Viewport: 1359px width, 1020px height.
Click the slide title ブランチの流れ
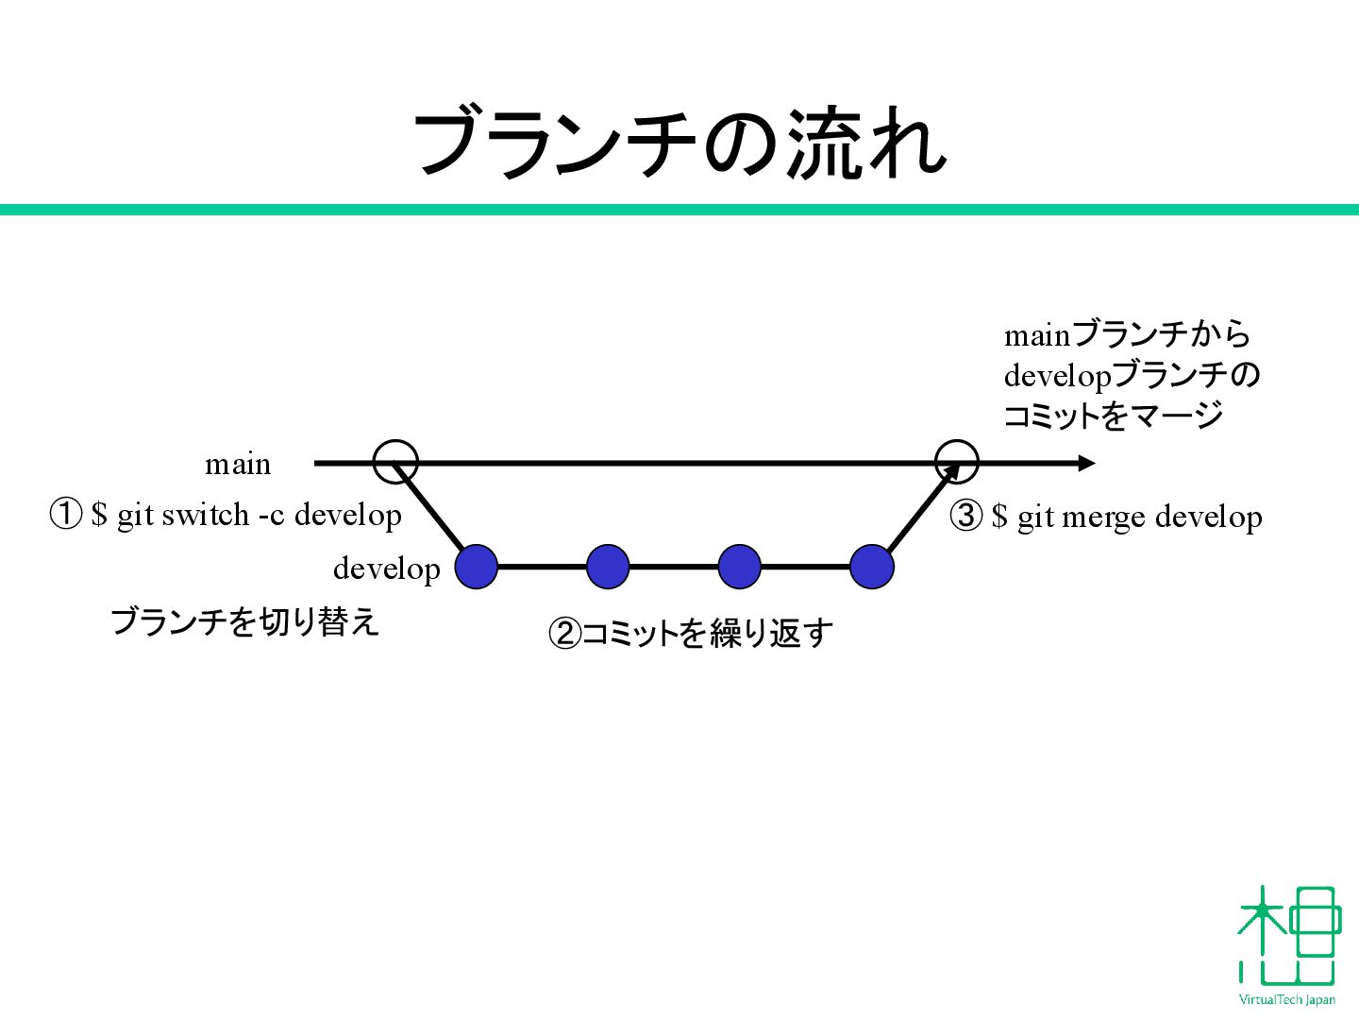coord(679,144)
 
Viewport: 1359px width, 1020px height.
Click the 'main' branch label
coord(238,465)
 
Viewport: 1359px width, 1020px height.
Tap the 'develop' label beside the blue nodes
coord(386,569)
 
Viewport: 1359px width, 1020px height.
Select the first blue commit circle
coord(477,567)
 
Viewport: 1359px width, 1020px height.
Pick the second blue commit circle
coord(608,567)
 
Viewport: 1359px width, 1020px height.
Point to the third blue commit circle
coord(740,567)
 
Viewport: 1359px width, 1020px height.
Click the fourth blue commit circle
coord(871,567)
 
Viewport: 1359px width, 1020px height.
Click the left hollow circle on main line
coord(395,462)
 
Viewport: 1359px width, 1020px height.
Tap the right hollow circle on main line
coord(957,462)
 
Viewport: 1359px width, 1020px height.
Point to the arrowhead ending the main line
coord(1086,463)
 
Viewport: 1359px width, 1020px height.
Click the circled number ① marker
coord(66,515)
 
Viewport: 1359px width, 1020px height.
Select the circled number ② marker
coord(564,633)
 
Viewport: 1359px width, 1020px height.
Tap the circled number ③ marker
coord(966,517)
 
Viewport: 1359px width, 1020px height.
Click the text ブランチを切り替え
coord(244,621)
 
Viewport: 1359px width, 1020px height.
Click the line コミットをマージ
coord(1113,416)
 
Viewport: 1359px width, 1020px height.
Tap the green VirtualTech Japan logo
coord(1288,944)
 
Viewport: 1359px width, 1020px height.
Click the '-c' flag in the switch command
coord(271,516)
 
